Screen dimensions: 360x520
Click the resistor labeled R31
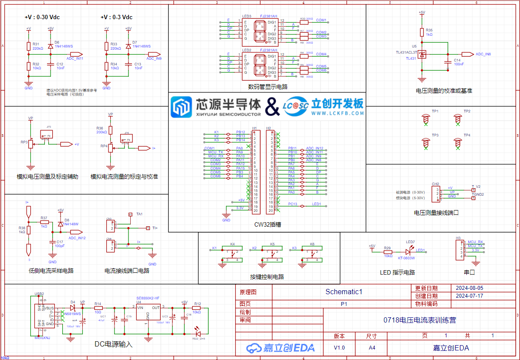coord(29,46)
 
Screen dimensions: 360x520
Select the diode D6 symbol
coord(51,45)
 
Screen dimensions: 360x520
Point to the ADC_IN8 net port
coord(468,54)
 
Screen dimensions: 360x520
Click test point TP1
coord(426,118)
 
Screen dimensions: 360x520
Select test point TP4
coord(457,142)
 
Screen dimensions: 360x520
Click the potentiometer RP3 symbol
coord(30,144)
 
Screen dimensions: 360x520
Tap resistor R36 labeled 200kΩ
coord(110,130)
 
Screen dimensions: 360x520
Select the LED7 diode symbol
coord(409,251)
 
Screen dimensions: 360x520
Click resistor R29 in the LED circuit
coord(388,251)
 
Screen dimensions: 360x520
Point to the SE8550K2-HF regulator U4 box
coord(148,313)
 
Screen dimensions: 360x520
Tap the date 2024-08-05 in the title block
coord(469,288)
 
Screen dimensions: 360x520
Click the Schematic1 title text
coord(344,292)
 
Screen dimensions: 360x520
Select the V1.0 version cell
coord(339,347)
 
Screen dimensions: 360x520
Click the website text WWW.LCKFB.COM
coord(338,113)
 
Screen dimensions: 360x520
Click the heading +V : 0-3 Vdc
coord(116,17)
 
